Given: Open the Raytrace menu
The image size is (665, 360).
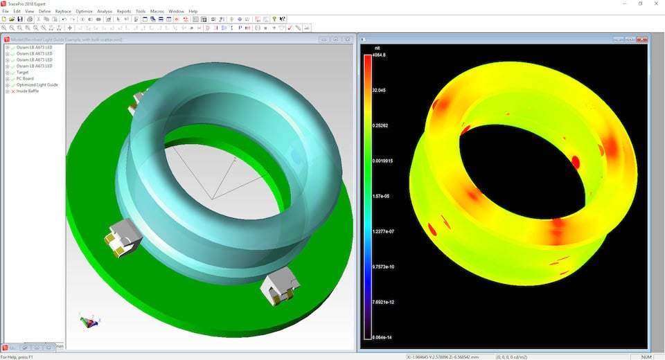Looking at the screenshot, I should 63,12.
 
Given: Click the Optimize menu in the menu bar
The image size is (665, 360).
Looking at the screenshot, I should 84,12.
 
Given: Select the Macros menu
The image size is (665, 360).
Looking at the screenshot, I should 157,12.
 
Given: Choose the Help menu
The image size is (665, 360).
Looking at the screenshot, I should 193,12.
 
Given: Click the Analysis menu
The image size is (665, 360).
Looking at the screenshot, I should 105,12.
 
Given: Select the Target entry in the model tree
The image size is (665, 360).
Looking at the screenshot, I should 23,73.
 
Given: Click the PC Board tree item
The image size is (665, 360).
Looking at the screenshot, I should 25,79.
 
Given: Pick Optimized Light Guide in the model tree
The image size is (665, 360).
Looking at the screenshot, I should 37,85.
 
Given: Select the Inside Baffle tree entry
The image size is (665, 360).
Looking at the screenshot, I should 28,91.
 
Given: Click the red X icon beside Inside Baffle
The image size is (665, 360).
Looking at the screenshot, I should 12,91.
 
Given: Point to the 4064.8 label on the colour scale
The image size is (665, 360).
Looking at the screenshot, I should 379,55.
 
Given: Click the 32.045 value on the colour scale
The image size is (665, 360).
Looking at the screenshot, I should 379,90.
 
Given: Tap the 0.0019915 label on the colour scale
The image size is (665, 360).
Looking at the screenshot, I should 382,161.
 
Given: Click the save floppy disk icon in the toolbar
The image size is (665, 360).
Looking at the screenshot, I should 20,19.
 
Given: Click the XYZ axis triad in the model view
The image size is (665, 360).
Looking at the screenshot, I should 89,321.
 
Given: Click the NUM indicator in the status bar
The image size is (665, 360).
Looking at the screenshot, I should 647,357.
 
